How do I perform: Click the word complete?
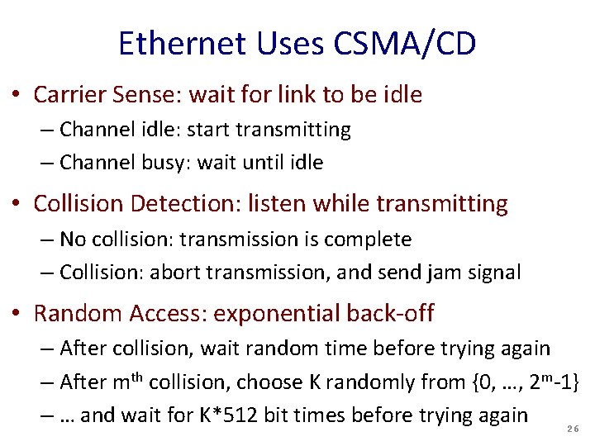point(370,240)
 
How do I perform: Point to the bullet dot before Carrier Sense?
point(16,96)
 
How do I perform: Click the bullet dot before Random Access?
point(16,315)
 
